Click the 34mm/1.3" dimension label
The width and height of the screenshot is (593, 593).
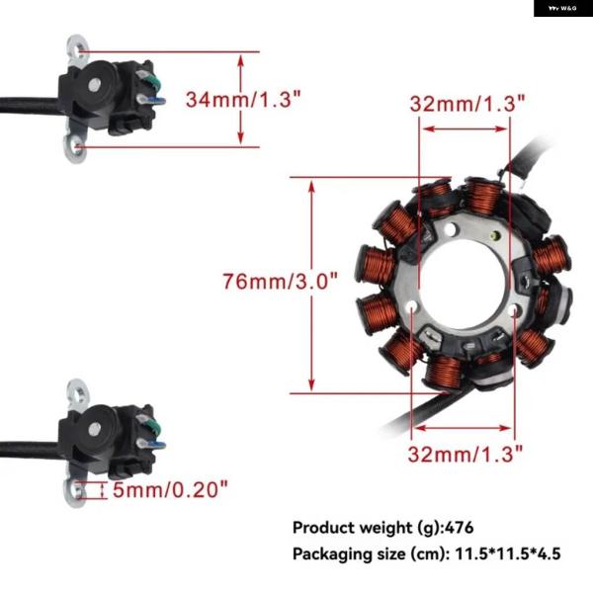[x=243, y=100]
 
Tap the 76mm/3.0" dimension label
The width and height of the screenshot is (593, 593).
[x=280, y=281]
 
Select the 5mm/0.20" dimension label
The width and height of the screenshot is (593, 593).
[x=171, y=489]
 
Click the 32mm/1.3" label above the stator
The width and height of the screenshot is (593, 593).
[x=467, y=103]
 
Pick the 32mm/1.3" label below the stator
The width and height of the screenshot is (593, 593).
[x=466, y=453]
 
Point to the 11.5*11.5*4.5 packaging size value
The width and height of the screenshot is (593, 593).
[x=507, y=553]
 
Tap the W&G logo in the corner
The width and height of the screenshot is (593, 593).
[x=562, y=8]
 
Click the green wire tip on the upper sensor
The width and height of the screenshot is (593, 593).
[x=156, y=80]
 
